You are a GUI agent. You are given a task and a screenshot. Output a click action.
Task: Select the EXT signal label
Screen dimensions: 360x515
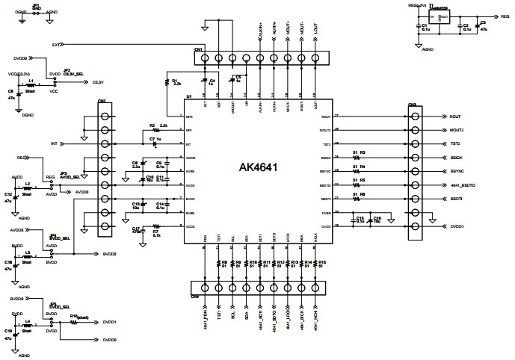(56, 45)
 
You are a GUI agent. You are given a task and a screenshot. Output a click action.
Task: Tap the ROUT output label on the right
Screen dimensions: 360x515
(455, 117)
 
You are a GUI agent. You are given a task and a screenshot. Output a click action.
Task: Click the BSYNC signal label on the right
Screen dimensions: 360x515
(458, 171)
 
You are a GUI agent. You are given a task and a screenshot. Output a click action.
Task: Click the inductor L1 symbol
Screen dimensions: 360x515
(30, 86)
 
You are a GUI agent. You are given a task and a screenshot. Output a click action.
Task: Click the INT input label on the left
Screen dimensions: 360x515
(53, 143)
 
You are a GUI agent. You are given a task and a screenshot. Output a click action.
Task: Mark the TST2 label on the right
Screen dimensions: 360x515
(455, 143)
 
